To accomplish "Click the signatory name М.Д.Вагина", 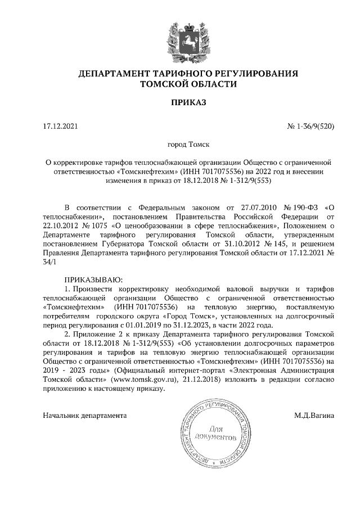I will [314, 415].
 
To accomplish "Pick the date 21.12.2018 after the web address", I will [201, 380].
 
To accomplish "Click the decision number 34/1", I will [51, 263].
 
